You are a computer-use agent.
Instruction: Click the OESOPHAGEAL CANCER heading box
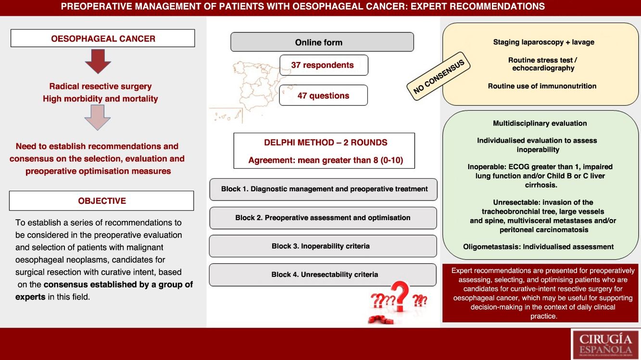102,38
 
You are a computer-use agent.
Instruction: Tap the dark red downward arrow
98,61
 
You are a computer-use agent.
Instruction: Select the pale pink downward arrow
98,117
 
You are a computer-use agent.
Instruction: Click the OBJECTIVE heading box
101,201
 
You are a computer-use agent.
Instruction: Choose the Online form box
322,42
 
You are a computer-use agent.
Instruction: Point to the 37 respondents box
324,65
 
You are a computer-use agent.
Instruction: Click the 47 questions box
323,96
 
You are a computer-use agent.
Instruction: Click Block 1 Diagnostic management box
323,189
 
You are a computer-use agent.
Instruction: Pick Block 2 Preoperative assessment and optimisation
323,218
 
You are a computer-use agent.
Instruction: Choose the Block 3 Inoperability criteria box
323,246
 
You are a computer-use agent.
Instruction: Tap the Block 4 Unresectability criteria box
323,274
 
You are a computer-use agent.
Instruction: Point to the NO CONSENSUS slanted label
439,77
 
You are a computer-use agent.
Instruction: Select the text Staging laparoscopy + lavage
543,42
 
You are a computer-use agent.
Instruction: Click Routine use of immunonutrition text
542,86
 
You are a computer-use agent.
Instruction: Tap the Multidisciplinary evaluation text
540,124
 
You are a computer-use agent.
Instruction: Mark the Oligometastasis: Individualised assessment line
538,247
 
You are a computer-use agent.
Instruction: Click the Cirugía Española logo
605,343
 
